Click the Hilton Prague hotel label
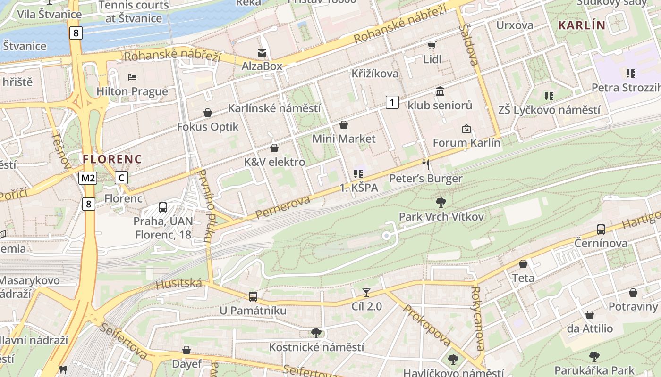(132, 91)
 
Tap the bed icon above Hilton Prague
(132, 77)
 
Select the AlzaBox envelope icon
(262, 52)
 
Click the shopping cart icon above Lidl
(432, 45)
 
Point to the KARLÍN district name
(581, 25)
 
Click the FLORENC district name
(112, 159)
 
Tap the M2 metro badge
(88, 178)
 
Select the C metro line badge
(121, 178)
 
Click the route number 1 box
(392, 102)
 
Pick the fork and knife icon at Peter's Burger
(426, 164)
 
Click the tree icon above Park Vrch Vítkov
(441, 203)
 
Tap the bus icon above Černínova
(601, 229)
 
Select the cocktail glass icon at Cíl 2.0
(366, 293)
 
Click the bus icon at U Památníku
(253, 297)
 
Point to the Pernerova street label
(283, 207)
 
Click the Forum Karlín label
(466, 143)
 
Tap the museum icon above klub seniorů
(440, 91)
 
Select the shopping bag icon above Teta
(523, 264)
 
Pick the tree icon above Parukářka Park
(594, 356)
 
